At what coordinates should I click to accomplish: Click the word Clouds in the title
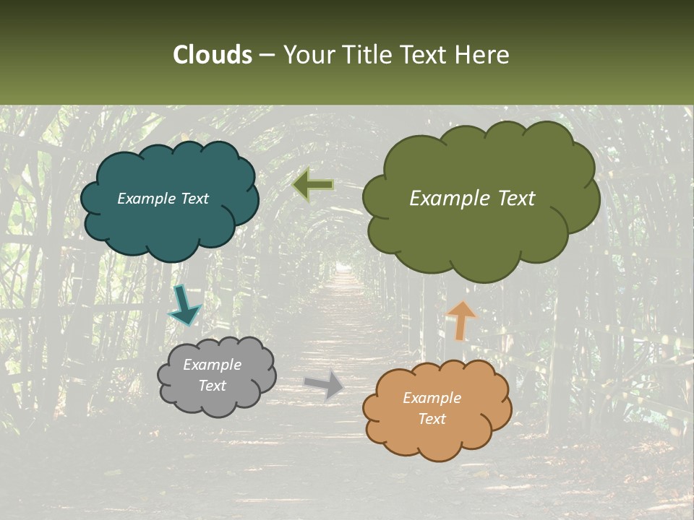(212, 55)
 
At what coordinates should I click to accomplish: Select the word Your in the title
(308, 55)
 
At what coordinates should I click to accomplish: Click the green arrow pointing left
(313, 185)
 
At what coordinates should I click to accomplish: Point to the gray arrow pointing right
(324, 384)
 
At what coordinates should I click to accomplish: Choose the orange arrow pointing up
(461, 319)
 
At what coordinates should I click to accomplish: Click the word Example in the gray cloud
(212, 365)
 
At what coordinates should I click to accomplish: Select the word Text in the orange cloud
(432, 419)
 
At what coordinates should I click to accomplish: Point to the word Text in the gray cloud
(212, 386)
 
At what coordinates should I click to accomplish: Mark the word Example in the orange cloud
(432, 398)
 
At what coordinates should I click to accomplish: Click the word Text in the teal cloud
(194, 199)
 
